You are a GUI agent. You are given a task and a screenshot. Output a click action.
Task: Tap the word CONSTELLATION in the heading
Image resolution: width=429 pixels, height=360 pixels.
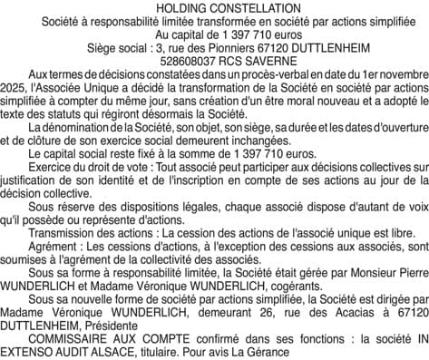248,7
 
